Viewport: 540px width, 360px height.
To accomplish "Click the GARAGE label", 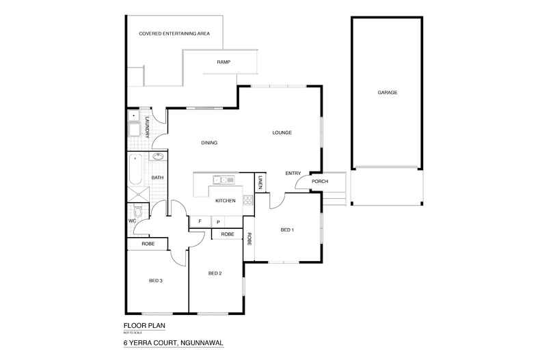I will [388, 92].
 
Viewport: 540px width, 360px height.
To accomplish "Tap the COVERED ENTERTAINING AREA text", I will [174, 33].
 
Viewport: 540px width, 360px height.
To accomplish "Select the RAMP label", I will [224, 62].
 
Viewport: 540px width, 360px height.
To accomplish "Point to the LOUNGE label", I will [282, 133].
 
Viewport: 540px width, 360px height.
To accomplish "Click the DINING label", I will [209, 143].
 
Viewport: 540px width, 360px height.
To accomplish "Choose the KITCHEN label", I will [226, 201].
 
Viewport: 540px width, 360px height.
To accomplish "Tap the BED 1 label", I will [287, 230].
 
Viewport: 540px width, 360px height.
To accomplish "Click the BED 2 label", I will [215, 273].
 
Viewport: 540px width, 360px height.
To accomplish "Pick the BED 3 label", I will [157, 280].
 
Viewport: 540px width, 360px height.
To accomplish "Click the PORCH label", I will [320, 182].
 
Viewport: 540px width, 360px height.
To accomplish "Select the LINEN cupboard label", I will [261, 183].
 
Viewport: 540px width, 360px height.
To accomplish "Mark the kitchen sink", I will [223, 180].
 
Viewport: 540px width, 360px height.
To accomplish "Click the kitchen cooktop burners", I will [247, 200].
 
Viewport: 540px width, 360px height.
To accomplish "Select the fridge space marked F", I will [200, 222].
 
